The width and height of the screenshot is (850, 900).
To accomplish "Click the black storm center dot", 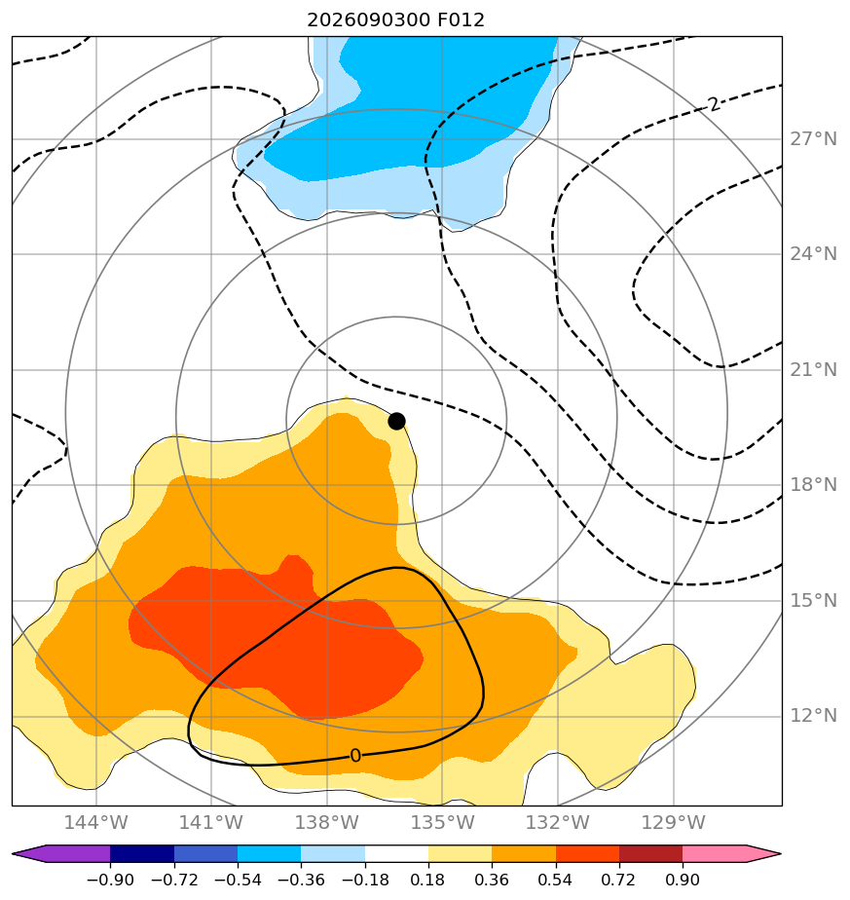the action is coord(396,422).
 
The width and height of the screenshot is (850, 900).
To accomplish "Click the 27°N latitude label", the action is coord(813,139).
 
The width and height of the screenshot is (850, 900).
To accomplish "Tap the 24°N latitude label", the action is coord(813,253).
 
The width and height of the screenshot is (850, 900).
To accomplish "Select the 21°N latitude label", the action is coord(813,370).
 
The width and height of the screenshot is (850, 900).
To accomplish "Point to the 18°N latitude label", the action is coord(813,485).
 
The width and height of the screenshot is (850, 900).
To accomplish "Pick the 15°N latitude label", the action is coord(813,601).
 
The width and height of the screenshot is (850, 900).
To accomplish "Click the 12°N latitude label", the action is coord(813,716).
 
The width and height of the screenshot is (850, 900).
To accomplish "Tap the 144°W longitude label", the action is coord(95,822).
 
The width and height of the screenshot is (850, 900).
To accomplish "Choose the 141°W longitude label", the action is coord(211,822).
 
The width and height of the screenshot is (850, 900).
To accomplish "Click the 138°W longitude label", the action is coord(327,822).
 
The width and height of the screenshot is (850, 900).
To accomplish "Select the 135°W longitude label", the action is coord(442,822).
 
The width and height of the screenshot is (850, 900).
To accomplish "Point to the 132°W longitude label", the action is coord(558,822).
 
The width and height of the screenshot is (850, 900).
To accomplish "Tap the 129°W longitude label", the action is coord(673,822).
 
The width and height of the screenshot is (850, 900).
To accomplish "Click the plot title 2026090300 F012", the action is coord(396,20).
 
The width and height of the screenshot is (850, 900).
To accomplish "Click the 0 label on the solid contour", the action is coord(355,756).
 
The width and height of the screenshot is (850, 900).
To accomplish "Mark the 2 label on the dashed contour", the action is coord(714,104).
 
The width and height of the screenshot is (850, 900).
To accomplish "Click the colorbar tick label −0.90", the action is coord(110,880).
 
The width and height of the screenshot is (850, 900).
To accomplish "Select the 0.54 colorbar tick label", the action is coord(556,880).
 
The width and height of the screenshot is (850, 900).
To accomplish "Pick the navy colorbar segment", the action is coord(142,854).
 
